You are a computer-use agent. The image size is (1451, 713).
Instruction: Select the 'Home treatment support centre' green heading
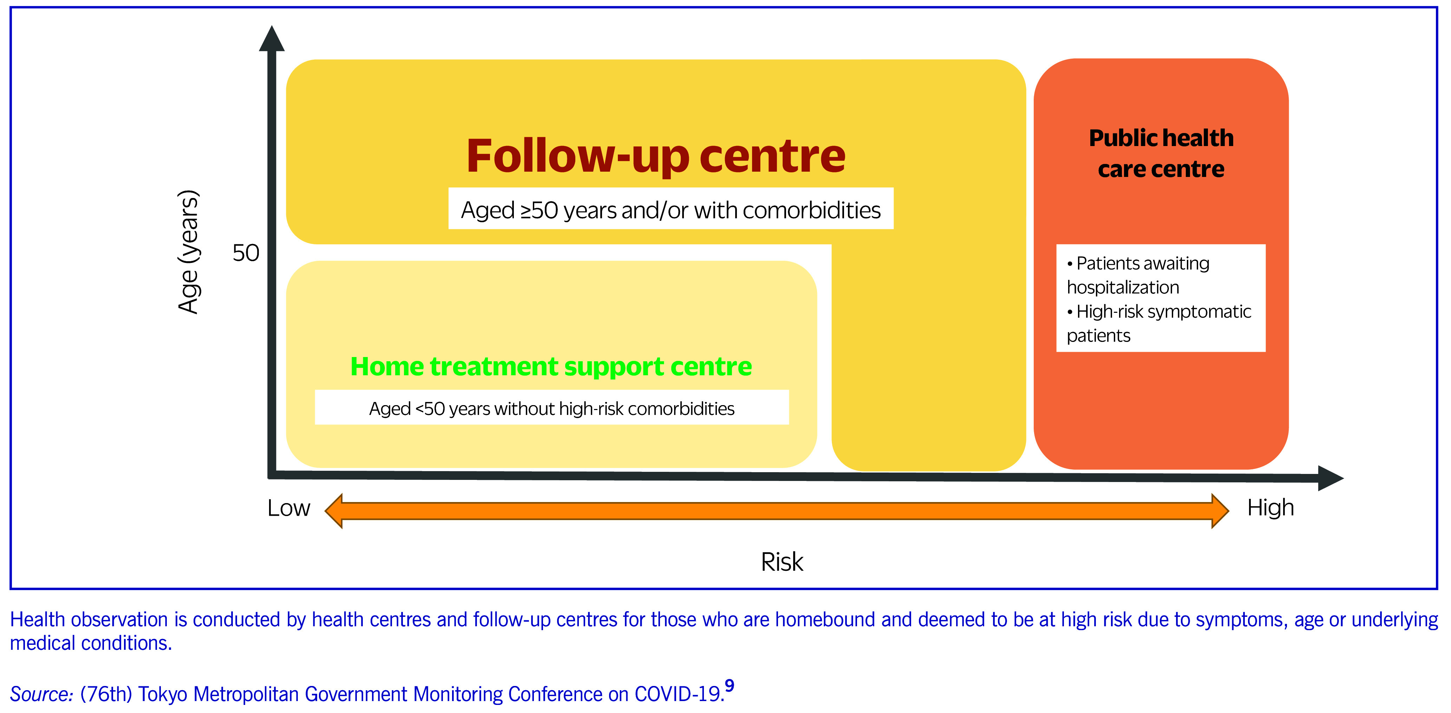[551, 367]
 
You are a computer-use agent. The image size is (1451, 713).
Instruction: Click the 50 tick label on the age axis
[246, 253]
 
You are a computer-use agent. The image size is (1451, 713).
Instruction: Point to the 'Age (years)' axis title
[189, 252]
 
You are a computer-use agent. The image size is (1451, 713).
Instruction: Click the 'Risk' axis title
[782, 562]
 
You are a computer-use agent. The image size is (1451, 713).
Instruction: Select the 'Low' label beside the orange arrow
[288, 508]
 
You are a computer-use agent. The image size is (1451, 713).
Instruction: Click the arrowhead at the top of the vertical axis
[272, 39]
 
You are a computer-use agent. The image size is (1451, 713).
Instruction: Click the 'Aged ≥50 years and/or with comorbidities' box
[670, 210]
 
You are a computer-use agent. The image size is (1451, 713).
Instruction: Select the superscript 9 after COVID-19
[730, 685]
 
